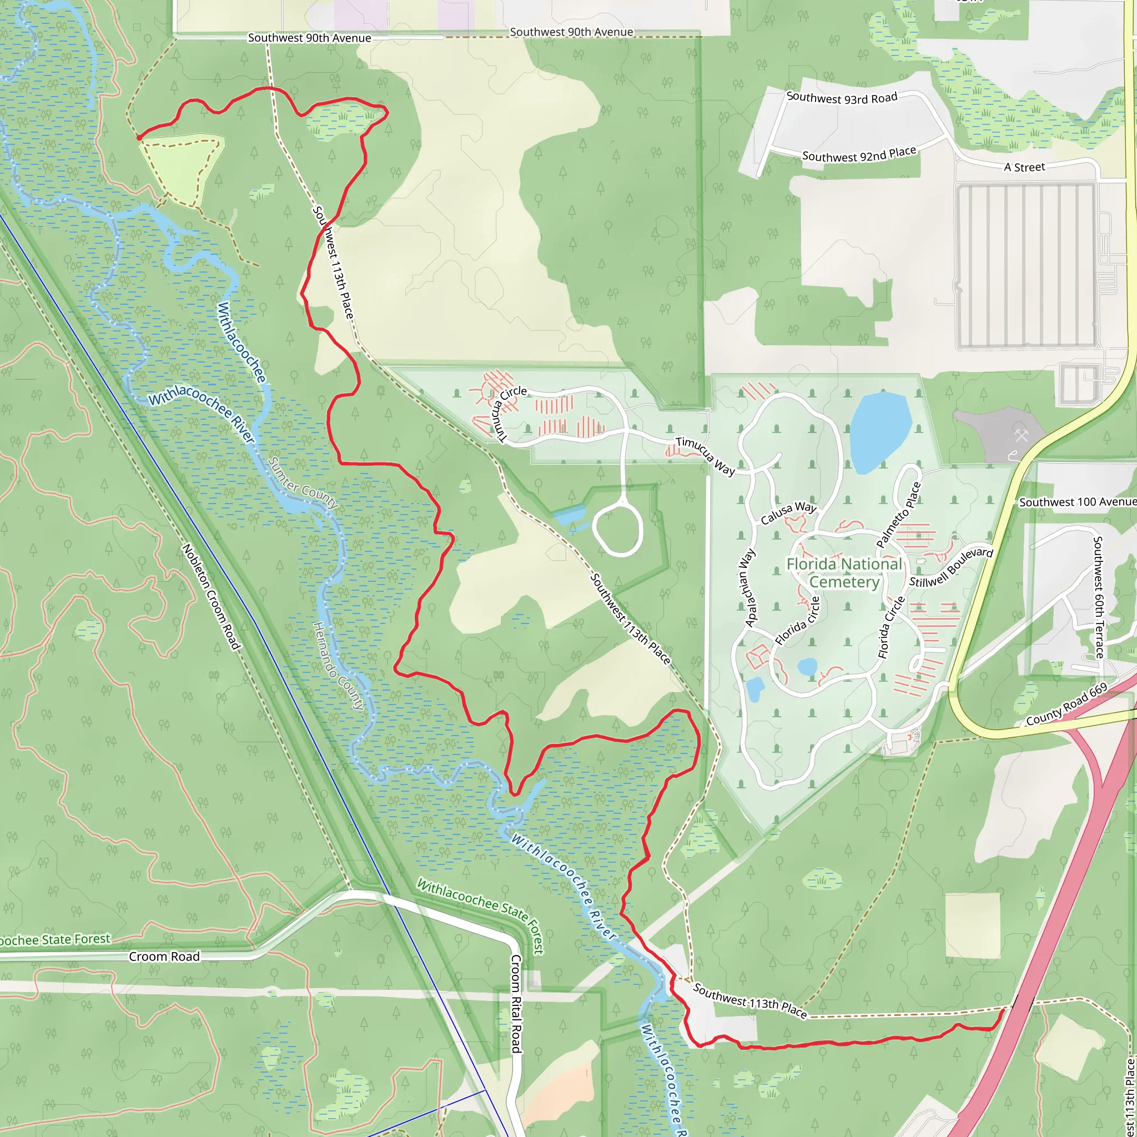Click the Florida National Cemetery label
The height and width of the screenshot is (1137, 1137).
[844, 572]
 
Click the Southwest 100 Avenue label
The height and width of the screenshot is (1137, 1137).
[1078, 502]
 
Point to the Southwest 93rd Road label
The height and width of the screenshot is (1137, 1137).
[842, 98]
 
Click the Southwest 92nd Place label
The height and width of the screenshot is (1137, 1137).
[859, 154]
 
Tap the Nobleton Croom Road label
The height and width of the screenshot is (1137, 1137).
[212, 597]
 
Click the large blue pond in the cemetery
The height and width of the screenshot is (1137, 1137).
[879, 431]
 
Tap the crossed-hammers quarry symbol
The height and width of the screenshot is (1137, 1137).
[1021, 436]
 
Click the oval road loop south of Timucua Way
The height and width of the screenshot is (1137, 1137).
[617, 531]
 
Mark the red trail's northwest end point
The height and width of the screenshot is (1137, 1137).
[139, 138]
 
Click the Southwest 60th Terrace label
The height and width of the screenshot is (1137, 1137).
[1098, 597]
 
